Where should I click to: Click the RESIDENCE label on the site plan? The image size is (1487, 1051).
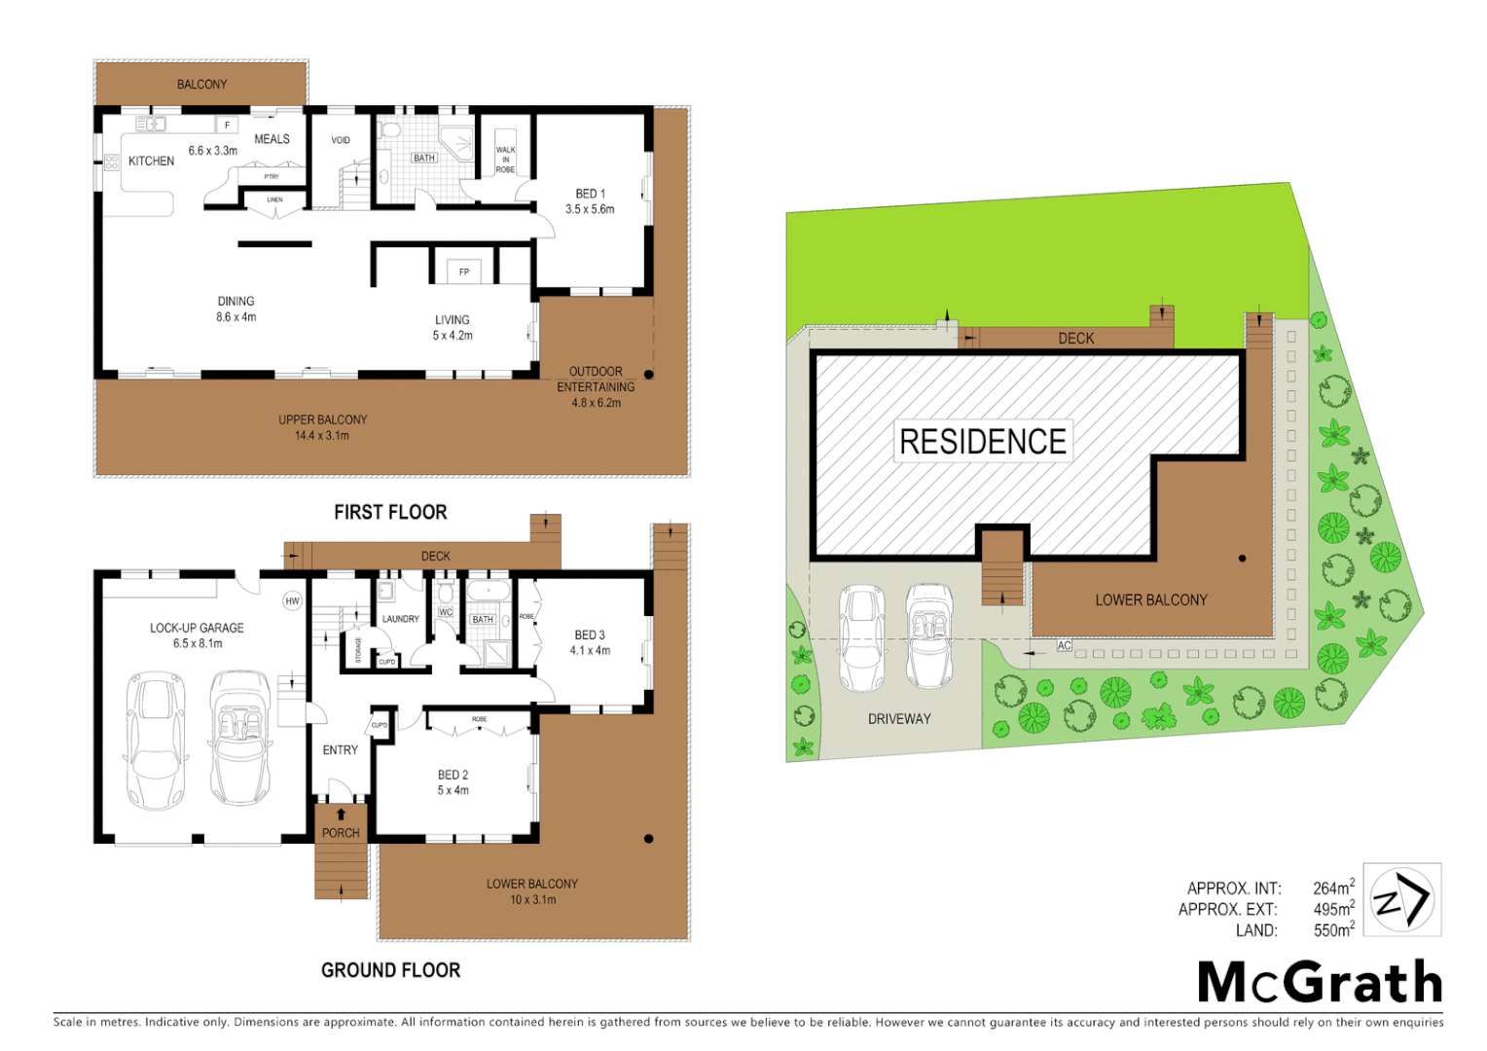982,442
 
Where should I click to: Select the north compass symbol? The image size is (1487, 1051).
1401,900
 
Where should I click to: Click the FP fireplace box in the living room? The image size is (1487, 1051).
464,272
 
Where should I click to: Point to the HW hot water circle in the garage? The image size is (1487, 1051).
292,601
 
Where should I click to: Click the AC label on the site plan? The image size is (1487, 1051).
1064,645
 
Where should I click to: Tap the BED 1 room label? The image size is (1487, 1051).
590,194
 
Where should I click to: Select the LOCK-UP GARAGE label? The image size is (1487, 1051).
197,628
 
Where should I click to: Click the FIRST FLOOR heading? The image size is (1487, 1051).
390,512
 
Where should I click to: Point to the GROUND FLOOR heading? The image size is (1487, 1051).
390,970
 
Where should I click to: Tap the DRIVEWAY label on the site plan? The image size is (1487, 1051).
899,719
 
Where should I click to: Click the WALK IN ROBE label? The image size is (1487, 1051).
505,160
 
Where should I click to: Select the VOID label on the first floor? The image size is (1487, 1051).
341,140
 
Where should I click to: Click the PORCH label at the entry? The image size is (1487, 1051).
341,833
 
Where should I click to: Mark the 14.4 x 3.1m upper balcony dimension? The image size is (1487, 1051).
322,436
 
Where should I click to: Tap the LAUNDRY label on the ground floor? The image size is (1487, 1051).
400,619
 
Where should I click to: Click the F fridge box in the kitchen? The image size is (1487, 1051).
227,125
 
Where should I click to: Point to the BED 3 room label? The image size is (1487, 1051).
590,634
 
